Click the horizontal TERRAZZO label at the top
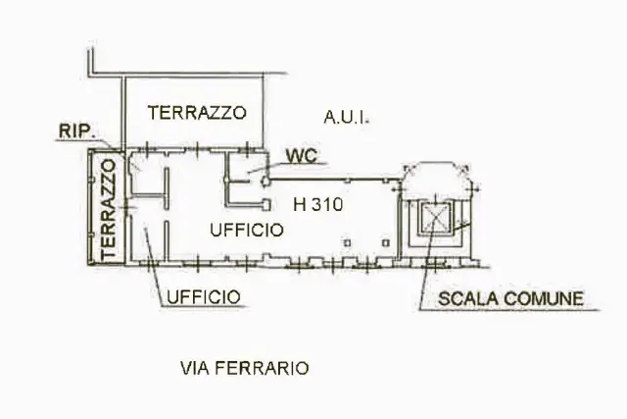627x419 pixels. (197, 113)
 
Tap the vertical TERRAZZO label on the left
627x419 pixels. (109, 209)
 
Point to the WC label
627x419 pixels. (303, 156)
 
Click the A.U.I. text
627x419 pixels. (346, 118)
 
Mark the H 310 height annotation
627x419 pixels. (317, 205)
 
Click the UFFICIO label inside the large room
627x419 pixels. (247, 230)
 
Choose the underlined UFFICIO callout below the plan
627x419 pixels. (204, 297)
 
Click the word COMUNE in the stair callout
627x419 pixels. (544, 299)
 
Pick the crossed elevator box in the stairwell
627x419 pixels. (435, 218)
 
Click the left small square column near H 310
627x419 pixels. (347, 242)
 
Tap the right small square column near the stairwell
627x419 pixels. (385, 242)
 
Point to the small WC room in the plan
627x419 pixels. (246, 168)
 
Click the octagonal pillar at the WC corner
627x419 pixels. (265, 182)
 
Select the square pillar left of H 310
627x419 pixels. (265, 205)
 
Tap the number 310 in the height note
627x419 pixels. (327, 205)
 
